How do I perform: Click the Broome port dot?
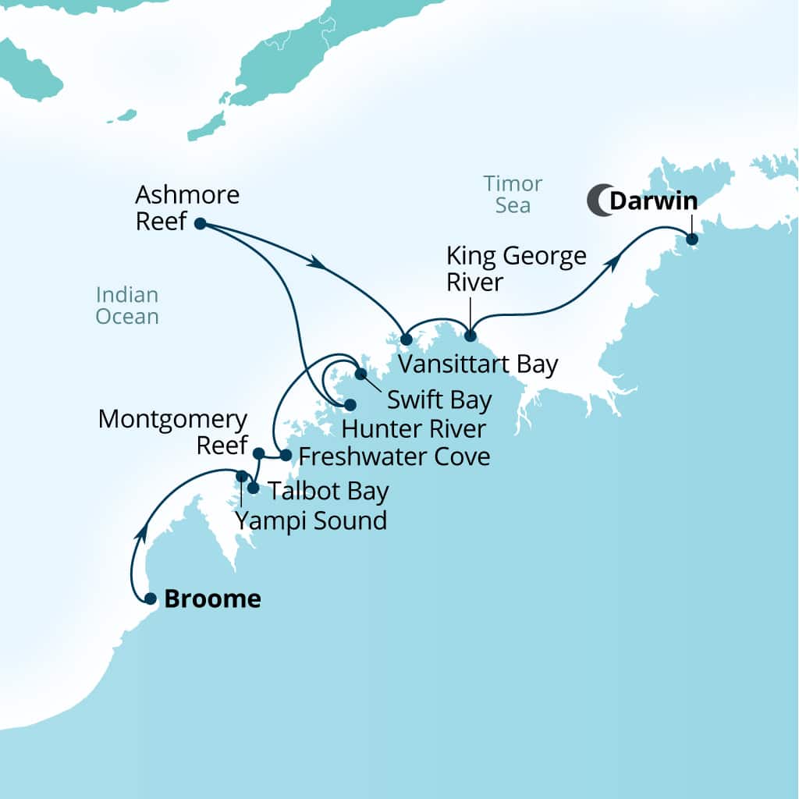pos(151,598)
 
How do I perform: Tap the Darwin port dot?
pos(691,239)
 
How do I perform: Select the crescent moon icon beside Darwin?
pos(598,201)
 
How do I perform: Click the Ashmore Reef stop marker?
pos(200,223)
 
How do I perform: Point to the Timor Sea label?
pos(513,194)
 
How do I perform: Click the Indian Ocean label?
pos(127,306)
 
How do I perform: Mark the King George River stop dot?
pos(470,336)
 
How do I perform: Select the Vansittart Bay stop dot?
pos(406,339)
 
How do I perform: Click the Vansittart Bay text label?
pos(478,365)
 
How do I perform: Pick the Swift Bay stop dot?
pos(360,374)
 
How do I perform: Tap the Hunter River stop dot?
pos(350,405)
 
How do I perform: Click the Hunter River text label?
pos(414,428)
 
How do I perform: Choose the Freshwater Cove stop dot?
pos(286,455)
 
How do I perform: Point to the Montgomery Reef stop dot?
pos(259,453)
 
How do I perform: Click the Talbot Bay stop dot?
pos(253,488)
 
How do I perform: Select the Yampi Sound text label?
pos(311,520)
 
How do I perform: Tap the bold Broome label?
pos(212,599)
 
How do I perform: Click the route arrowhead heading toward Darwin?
pos(613,263)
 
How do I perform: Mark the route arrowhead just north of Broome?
pos(142,532)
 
